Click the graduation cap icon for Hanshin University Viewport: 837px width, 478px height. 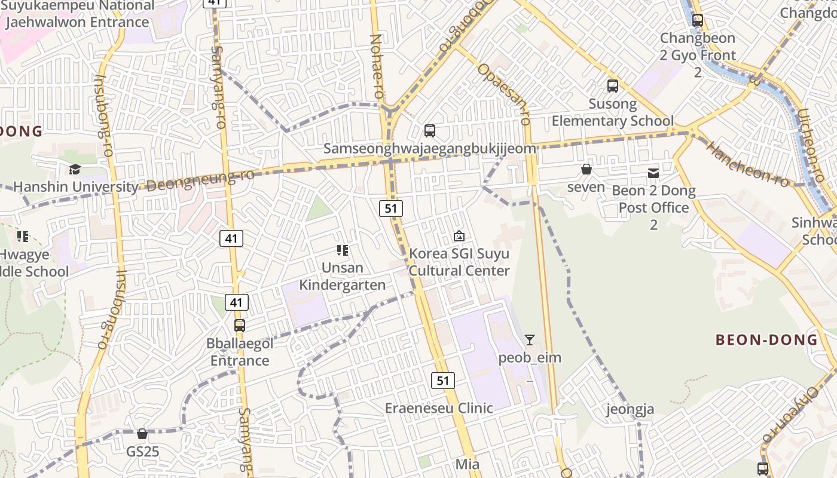(x=75, y=170)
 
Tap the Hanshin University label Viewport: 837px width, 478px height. (x=75, y=187)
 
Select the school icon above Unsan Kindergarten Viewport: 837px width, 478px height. (x=343, y=250)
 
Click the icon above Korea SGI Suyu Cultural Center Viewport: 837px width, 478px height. (x=459, y=236)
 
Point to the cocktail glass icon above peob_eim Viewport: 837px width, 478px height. (x=530, y=340)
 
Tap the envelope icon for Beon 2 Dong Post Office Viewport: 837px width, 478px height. (x=653, y=173)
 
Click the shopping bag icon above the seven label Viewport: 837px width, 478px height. (x=586, y=170)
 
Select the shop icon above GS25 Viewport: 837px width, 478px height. (x=142, y=433)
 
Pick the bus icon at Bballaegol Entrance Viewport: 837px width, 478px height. (x=240, y=326)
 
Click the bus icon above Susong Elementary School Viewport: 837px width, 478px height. (x=613, y=86)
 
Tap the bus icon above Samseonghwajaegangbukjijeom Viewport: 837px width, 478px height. (x=430, y=131)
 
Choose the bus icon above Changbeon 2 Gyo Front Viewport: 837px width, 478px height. (x=697, y=20)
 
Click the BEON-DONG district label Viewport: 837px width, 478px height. (x=766, y=340)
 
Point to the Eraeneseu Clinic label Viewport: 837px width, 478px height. (x=439, y=408)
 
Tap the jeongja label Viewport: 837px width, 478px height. (x=630, y=409)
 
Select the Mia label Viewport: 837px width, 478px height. (x=468, y=464)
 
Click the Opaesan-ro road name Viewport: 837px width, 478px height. (x=504, y=93)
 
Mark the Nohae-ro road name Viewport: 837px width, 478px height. (x=377, y=66)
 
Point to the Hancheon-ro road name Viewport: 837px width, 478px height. (x=747, y=163)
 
